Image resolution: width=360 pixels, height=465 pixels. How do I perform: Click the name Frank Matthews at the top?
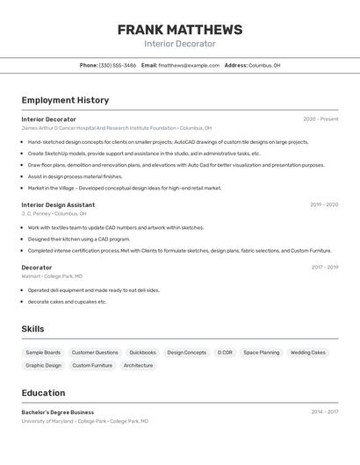point(179,30)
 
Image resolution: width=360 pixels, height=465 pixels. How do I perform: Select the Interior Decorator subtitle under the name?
point(179,44)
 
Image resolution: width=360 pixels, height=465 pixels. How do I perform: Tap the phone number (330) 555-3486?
point(117,66)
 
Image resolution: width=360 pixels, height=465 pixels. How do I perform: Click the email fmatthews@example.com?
point(188,66)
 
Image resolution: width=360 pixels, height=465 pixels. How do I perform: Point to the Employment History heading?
point(65,100)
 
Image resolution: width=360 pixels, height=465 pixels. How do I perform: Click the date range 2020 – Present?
point(320,119)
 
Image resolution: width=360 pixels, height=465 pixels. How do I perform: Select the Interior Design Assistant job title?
point(58,205)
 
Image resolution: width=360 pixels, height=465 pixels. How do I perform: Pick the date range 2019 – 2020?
point(323,205)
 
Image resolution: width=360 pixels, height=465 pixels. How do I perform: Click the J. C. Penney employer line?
point(54,213)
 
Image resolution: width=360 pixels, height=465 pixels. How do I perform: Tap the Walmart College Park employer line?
point(52,275)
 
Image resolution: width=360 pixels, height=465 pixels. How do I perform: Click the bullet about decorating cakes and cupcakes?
point(67,302)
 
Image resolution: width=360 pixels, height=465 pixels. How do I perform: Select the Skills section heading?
point(32,329)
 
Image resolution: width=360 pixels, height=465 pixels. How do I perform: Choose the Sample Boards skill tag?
point(43,353)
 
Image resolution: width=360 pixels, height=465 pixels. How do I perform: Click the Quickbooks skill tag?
point(142,353)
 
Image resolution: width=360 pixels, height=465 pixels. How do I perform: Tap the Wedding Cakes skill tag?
point(307,353)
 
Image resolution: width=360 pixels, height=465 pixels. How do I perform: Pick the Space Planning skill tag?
point(261,353)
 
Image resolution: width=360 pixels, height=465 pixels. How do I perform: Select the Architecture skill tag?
point(138,366)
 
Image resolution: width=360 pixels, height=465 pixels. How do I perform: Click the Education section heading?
point(43,393)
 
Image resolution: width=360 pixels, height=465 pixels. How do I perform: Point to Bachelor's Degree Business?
point(57,412)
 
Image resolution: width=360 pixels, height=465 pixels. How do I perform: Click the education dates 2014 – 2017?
point(324,412)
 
